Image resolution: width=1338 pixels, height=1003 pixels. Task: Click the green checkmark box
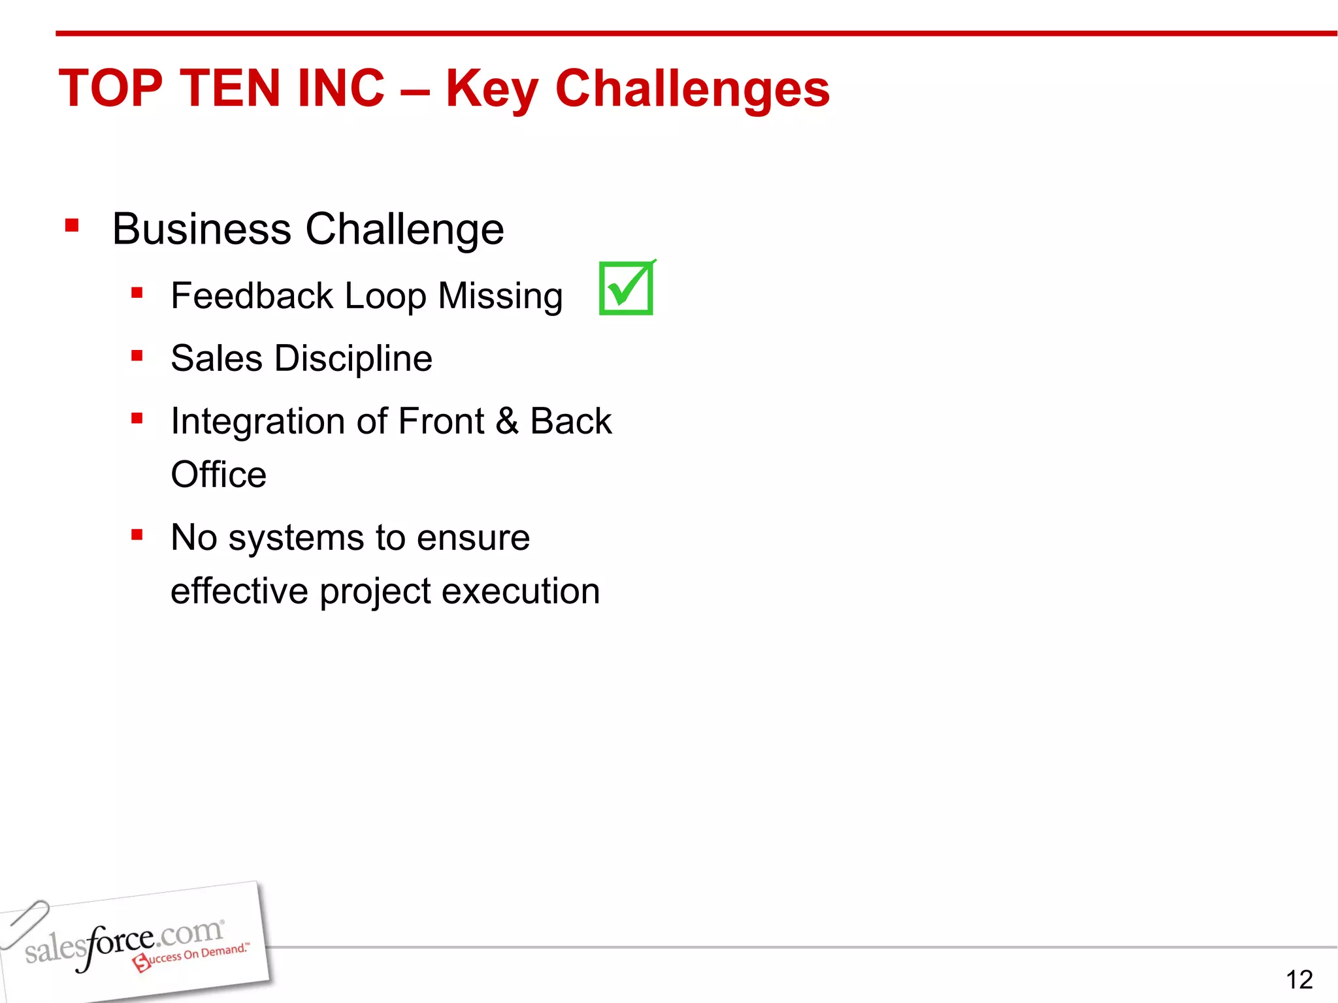click(626, 289)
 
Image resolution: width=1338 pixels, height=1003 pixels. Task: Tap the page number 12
click(1299, 979)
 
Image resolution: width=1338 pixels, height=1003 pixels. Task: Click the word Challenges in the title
click(693, 89)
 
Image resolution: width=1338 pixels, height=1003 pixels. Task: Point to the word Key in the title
click(491, 90)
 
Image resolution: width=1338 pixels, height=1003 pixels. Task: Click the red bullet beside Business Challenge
click(72, 226)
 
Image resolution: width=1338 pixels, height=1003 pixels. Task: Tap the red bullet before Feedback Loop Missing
click(137, 293)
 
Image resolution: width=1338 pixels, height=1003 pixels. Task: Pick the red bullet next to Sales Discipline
click(137, 356)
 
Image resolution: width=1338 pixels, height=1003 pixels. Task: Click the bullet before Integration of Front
click(137, 418)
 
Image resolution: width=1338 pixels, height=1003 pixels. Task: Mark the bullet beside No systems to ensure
click(137, 535)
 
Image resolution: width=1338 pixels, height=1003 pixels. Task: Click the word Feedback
click(252, 296)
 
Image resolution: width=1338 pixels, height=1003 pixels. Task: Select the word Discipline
click(353, 358)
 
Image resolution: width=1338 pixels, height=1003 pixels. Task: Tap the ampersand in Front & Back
click(507, 421)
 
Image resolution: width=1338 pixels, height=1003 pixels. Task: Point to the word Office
click(218, 475)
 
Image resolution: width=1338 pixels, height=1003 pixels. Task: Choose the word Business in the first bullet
click(201, 229)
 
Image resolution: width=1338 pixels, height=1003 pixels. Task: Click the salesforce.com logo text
click(124, 940)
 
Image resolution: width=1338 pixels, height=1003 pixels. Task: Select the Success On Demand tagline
click(192, 956)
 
